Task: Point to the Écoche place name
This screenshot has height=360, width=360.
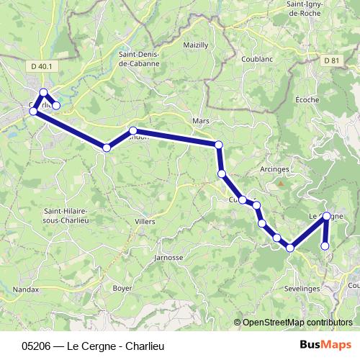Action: pos(307,99)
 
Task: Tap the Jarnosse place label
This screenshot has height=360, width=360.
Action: pos(169,257)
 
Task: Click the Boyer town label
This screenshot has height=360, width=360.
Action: pos(122,288)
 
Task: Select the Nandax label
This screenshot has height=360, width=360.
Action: pos(27,290)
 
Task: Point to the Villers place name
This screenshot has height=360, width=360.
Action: pos(145,222)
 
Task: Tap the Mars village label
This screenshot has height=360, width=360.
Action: pos(201,121)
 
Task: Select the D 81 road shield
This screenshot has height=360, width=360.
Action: pos(330,60)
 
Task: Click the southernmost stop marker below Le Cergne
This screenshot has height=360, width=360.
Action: pos(325,246)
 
